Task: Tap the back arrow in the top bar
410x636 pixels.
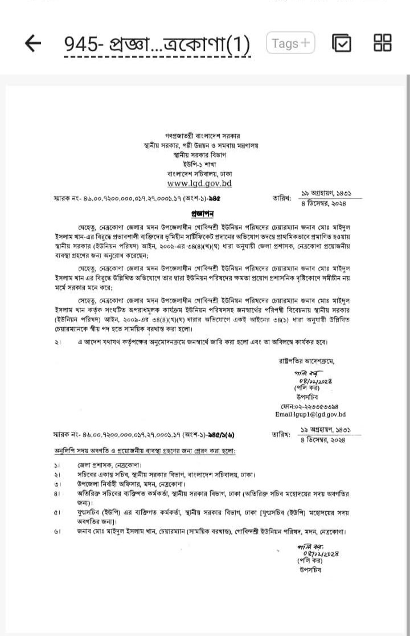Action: [x=34, y=43]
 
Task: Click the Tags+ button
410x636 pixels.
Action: [x=290, y=43]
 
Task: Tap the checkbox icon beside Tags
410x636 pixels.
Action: [x=342, y=43]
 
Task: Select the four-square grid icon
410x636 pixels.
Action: [x=382, y=43]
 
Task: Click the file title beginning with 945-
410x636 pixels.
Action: [x=157, y=45]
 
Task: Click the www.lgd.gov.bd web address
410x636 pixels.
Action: [x=199, y=184]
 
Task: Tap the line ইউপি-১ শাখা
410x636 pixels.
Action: [x=199, y=164]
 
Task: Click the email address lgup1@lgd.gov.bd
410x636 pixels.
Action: [x=310, y=415]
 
